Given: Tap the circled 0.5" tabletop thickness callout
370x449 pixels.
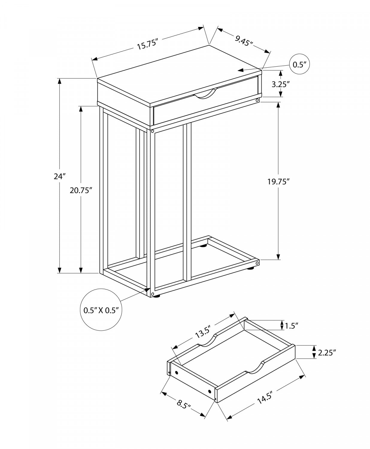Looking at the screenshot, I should coord(299,64).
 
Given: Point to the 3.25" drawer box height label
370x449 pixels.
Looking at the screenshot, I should coord(281,84).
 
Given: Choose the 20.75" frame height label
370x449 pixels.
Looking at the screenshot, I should coord(81,190).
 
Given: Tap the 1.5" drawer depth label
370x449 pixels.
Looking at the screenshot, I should coord(291,325).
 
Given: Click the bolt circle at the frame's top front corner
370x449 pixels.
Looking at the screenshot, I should coord(152,131).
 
